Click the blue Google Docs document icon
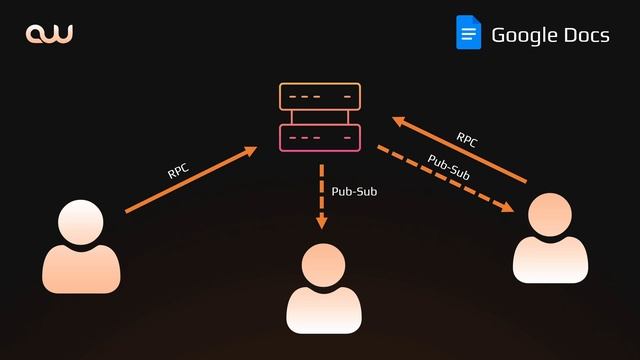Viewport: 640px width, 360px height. pos(468,33)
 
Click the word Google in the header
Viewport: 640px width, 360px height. pos(524,36)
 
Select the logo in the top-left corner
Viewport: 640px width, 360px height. pos(49,35)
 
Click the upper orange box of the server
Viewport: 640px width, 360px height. pos(319,97)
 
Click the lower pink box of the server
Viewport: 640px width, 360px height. pos(319,137)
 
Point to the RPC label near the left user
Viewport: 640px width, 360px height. pos(179,170)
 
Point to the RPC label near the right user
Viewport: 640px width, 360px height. pos(467,139)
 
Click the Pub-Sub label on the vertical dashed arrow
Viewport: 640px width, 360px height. pos(353,189)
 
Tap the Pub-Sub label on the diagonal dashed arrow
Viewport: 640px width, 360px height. pos(449,166)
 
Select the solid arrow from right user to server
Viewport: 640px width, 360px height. pos(459,149)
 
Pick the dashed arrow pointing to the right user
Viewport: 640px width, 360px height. pos(445,179)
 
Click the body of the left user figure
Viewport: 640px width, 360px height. pos(81,267)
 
